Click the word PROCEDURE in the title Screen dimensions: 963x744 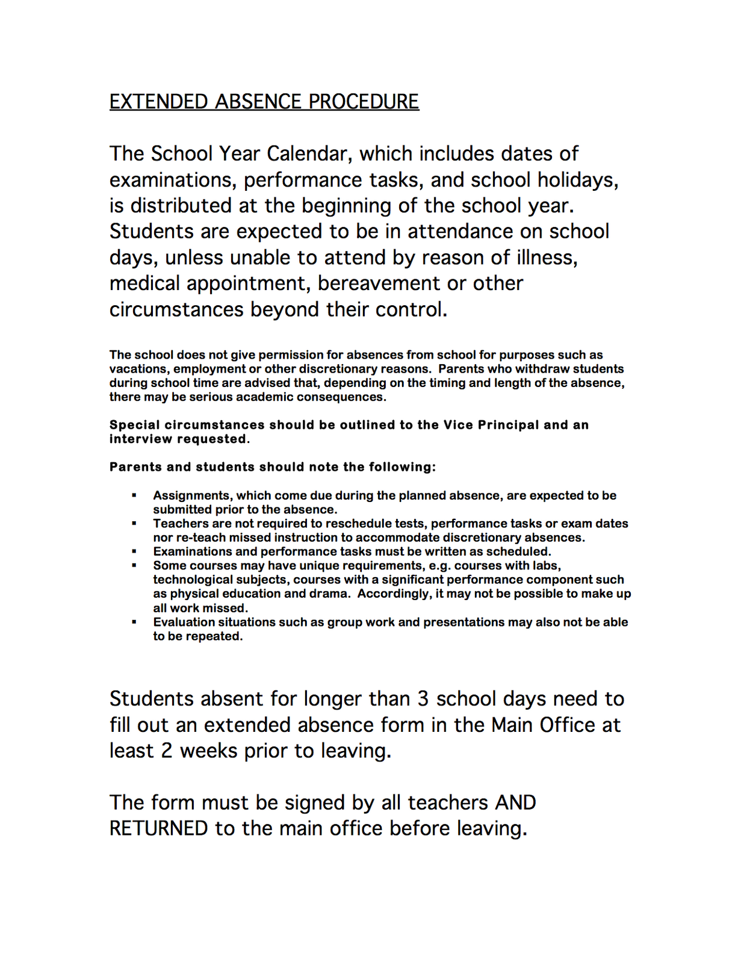click(364, 102)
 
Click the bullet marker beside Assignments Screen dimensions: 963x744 click(134, 496)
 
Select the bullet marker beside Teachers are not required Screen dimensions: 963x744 click(134, 524)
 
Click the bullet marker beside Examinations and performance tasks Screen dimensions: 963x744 click(134, 552)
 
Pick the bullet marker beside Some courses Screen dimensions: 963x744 click(134, 566)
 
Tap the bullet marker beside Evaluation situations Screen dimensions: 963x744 click(134, 622)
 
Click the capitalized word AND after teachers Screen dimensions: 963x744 click(515, 803)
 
